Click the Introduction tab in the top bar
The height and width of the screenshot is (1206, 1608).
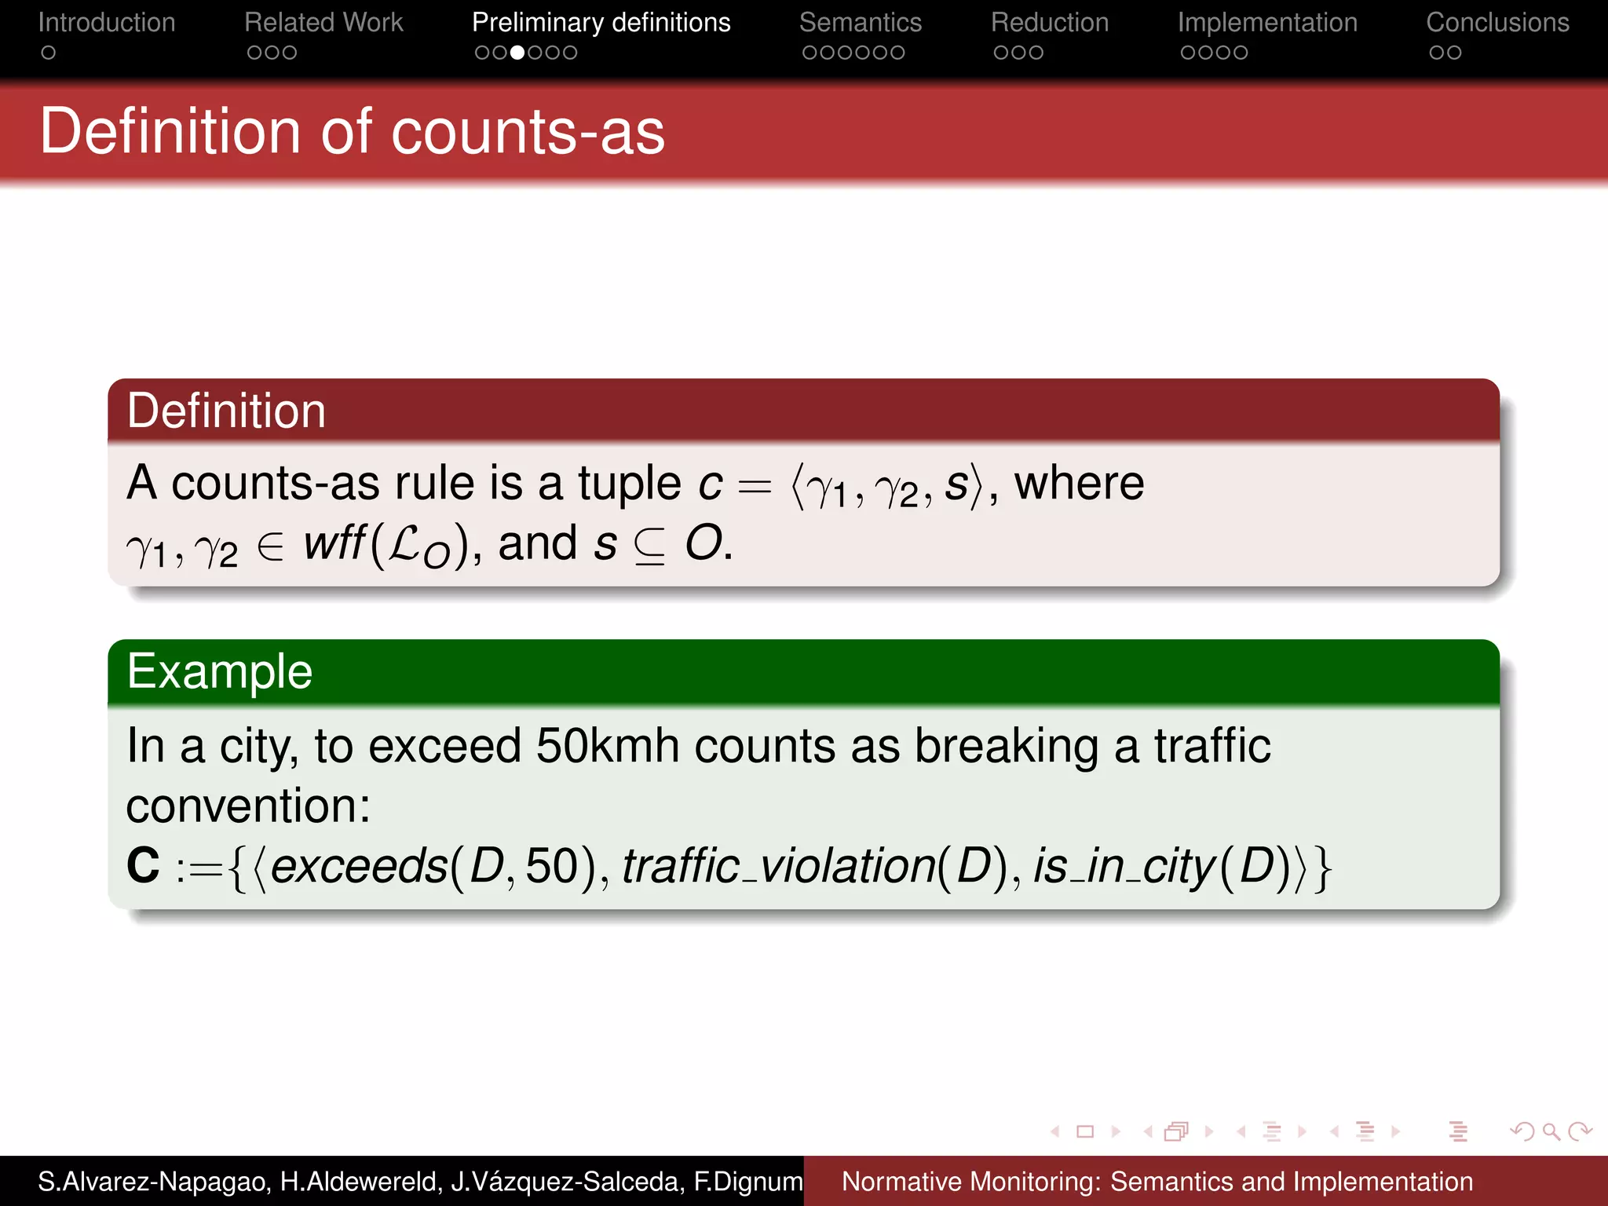pos(107,23)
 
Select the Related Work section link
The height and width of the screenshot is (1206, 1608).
pos(323,23)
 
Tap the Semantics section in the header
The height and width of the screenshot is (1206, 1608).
pos(860,23)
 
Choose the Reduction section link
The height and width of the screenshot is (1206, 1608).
pos(1049,23)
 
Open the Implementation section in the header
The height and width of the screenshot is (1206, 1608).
pos(1266,23)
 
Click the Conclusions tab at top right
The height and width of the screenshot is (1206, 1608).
pos(1497,23)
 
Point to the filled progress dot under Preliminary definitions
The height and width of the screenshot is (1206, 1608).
pos(517,53)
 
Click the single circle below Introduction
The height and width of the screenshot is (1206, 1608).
pos(49,53)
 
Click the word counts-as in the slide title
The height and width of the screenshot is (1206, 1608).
pos(528,132)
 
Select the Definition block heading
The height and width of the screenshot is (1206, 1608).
pos(226,411)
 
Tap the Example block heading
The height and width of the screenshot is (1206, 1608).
pos(220,672)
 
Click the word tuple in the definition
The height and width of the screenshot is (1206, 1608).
pos(629,483)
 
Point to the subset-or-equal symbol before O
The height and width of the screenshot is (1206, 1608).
pos(649,545)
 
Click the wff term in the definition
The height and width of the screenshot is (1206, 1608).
pos(334,543)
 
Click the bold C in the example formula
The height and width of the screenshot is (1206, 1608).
pos(143,865)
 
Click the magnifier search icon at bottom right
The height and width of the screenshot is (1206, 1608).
pos(1550,1131)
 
